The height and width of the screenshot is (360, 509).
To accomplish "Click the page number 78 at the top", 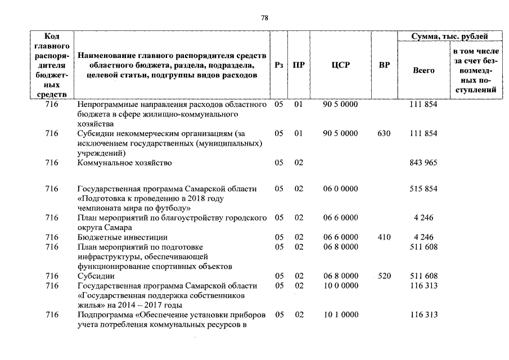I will (x=265, y=19).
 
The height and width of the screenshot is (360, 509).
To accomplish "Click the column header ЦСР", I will (x=341, y=65).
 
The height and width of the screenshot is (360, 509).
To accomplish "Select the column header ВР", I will (x=384, y=65).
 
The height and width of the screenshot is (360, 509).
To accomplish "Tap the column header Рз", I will (x=279, y=65).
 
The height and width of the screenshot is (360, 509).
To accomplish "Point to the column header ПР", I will (x=299, y=65).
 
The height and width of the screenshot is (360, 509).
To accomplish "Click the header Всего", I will (x=424, y=70).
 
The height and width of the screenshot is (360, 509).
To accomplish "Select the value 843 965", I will (x=424, y=163).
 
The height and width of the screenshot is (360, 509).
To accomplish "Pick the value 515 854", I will (x=424, y=189).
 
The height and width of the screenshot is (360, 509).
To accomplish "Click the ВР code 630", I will (x=384, y=133).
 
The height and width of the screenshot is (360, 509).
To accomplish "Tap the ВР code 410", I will (x=384, y=237).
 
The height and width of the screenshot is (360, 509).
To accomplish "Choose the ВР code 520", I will (x=385, y=276).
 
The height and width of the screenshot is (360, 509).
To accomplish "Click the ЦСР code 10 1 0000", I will (x=340, y=315).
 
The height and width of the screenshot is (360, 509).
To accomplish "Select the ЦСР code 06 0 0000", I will (x=340, y=189).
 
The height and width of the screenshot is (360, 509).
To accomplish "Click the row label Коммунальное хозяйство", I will (x=124, y=163).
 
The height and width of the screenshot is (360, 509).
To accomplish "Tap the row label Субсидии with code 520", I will (x=96, y=276).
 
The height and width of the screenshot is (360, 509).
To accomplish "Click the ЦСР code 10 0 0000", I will (x=340, y=286).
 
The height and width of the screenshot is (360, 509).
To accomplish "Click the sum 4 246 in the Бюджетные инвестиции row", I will (x=424, y=237).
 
